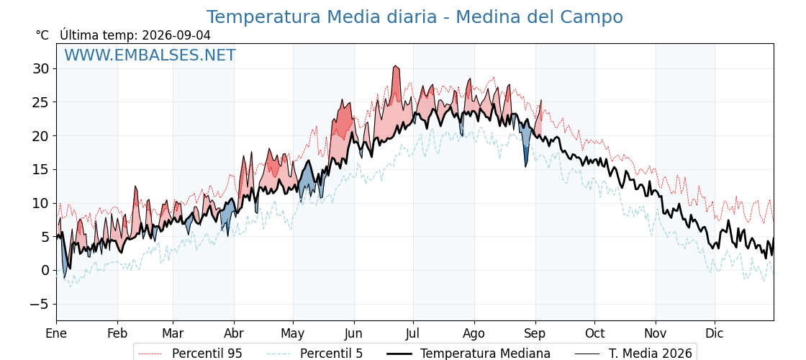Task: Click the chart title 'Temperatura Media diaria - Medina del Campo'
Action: pyautogui.click(x=415, y=17)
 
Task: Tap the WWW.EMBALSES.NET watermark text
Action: pyautogui.click(x=150, y=55)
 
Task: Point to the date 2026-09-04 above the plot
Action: pyautogui.click(x=176, y=35)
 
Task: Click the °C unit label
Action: pyautogui.click(x=42, y=35)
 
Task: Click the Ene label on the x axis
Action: pyautogui.click(x=56, y=334)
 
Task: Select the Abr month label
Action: pyautogui.click(x=235, y=334)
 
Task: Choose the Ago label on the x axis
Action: pyautogui.click(x=474, y=334)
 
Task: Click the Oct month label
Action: pyautogui.click(x=595, y=334)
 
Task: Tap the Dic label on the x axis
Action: pyautogui.click(x=715, y=334)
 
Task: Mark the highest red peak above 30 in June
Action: pyautogui.click(x=395, y=66)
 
